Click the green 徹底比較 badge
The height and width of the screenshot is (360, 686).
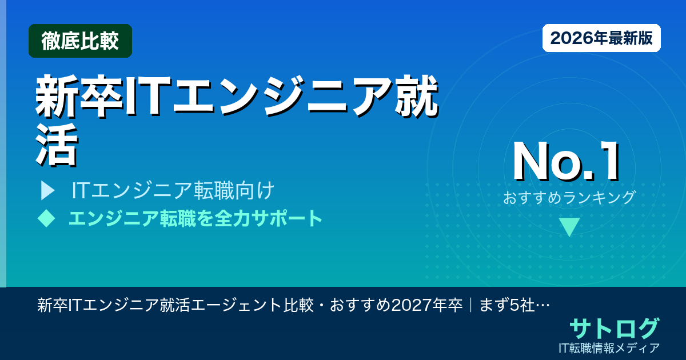coord(80,41)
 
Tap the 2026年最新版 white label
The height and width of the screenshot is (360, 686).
coord(601,38)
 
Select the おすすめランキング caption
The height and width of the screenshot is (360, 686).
coord(569,198)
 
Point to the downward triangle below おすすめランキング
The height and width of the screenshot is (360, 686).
coord(569,227)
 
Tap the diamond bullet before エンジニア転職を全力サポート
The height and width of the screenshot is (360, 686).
coord(46,218)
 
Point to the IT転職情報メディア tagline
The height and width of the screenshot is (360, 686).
coord(610,347)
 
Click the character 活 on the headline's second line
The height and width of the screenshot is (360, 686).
coord(55,146)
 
